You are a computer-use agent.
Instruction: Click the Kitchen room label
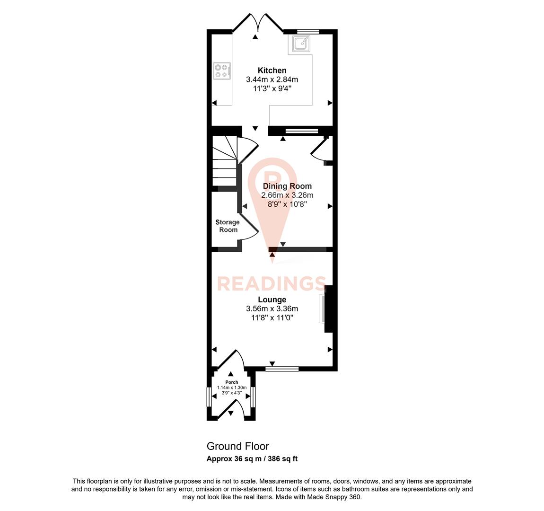click(x=272, y=70)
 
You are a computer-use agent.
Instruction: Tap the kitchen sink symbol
click(x=301, y=44)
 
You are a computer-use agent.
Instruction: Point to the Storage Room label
click(x=228, y=226)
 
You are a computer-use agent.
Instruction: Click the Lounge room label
click(x=272, y=300)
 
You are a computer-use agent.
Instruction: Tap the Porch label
click(x=232, y=382)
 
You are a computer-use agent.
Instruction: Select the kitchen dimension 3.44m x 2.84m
click(x=272, y=79)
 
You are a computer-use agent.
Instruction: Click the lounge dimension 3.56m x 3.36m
click(x=272, y=308)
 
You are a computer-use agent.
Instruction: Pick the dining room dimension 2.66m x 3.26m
click(x=287, y=195)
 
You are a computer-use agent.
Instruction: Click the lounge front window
click(x=282, y=368)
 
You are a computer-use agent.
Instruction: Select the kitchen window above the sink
click(x=308, y=32)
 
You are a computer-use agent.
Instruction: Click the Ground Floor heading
click(x=237, y=446)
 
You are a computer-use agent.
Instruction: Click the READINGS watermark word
click(x=272, y=283)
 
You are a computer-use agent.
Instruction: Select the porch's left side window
click(x=209, y=397)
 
